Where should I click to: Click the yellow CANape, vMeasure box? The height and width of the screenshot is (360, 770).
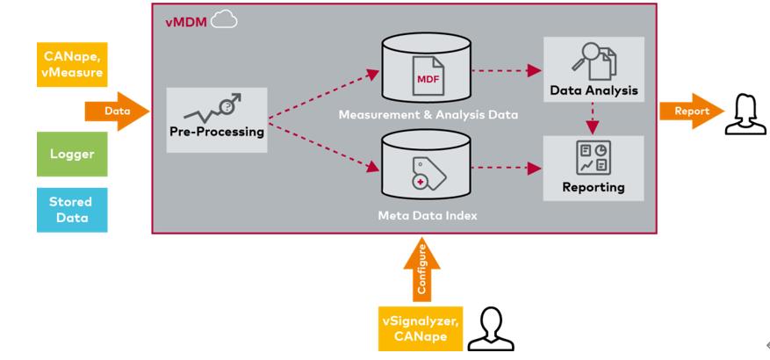tap(71, 63)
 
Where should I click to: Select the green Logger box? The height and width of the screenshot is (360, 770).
tap(71, 154)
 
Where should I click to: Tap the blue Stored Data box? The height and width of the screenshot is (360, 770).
tap(71, 209)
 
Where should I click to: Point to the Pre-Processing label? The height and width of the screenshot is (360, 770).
tap(217, 132)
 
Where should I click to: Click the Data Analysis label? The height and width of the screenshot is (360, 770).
tap(594, 90)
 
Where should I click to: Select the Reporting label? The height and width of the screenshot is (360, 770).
tap(594, 187)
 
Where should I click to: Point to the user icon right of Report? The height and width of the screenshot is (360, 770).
tap(740, 113)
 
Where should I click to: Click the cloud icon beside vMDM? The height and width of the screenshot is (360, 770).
tap(224, 20)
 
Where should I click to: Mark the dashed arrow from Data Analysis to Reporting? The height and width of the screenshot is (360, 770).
tap(594, 119)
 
